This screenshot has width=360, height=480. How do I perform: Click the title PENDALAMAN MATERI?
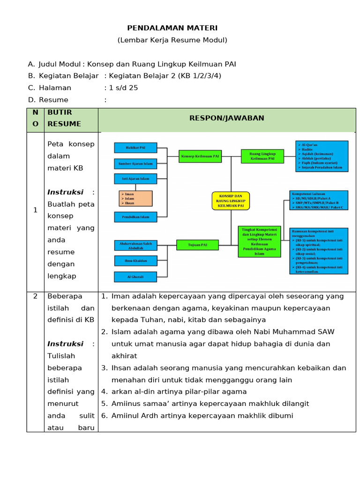172,28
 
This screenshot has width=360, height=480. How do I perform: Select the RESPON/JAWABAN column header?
226,118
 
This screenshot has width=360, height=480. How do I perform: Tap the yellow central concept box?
230,200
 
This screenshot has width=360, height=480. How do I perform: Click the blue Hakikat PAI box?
135,148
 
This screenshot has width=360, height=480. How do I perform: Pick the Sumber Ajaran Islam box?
135,164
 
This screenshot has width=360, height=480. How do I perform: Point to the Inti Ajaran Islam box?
135,179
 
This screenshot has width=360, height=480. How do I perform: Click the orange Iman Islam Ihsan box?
135,198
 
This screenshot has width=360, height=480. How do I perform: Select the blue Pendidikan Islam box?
135,217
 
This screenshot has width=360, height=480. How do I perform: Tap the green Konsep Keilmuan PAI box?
199,156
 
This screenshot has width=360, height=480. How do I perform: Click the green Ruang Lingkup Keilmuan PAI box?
262,156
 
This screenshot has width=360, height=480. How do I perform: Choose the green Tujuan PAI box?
198,245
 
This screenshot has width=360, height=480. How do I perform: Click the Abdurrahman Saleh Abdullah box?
135,245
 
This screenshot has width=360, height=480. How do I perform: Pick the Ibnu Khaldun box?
135,261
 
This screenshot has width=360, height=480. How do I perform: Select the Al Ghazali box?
135,277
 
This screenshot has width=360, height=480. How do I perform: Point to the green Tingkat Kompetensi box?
259,241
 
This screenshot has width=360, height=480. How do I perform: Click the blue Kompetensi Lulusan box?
319,200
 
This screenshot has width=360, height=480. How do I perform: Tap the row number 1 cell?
35,210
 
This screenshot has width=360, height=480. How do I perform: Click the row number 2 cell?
35,296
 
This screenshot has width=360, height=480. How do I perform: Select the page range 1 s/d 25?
121,88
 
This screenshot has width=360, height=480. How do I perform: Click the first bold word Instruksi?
65,192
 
